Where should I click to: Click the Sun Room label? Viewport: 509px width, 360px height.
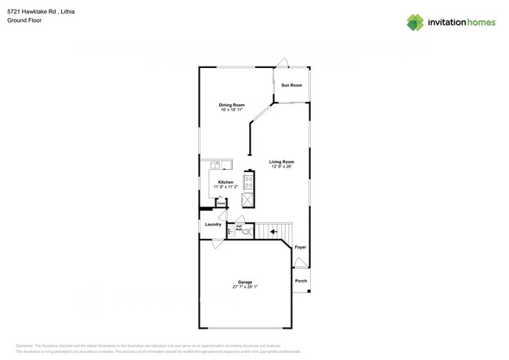point(291,85)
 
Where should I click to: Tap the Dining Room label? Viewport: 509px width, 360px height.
point(232,105)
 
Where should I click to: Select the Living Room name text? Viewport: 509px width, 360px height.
point(282,162)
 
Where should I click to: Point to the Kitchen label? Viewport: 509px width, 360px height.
point(226,182)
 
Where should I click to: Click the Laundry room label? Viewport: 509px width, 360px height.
point(213,225)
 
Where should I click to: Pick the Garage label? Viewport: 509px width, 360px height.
point(245,282)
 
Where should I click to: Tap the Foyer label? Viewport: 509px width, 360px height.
point(301,247)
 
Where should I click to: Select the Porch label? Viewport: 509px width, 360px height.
point(301,281)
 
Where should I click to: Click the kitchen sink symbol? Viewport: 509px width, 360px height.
point(216,164)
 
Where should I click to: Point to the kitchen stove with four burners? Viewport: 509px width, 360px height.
point(248,182)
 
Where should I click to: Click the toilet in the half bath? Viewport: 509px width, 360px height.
point(245,232)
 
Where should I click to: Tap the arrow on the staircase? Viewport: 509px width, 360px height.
point(273,231)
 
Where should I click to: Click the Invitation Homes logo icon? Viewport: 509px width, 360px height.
point(414,23)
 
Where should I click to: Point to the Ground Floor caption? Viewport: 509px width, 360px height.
point(24,20)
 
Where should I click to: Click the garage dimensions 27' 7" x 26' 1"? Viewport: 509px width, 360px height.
point(245,286)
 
